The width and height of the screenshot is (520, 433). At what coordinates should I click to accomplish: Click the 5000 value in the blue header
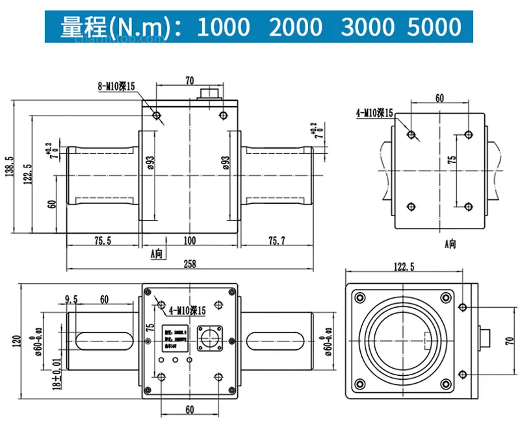435,27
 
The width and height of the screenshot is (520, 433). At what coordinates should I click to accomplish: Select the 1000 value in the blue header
223,27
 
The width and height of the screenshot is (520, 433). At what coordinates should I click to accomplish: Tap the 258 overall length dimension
190,264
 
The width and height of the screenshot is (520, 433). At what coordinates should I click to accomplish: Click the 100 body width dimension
189,241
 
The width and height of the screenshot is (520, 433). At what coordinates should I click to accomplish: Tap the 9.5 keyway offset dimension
71,299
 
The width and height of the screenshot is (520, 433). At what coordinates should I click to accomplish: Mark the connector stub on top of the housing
212,93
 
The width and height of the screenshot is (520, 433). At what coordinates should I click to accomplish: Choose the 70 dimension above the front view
190,81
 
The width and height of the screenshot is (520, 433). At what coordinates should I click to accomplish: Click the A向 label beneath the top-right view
450,244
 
